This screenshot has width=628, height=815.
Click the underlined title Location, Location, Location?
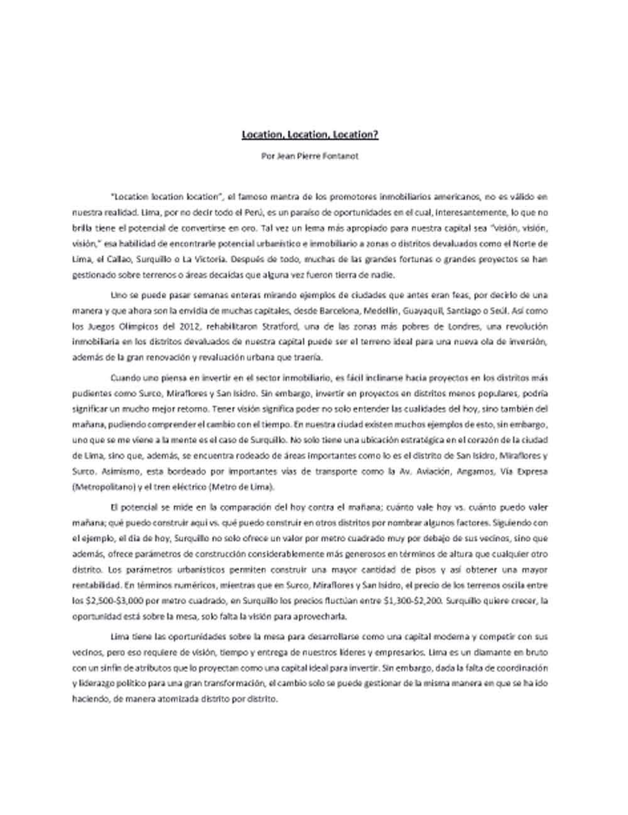pyautogui.click(x=311, y=134)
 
